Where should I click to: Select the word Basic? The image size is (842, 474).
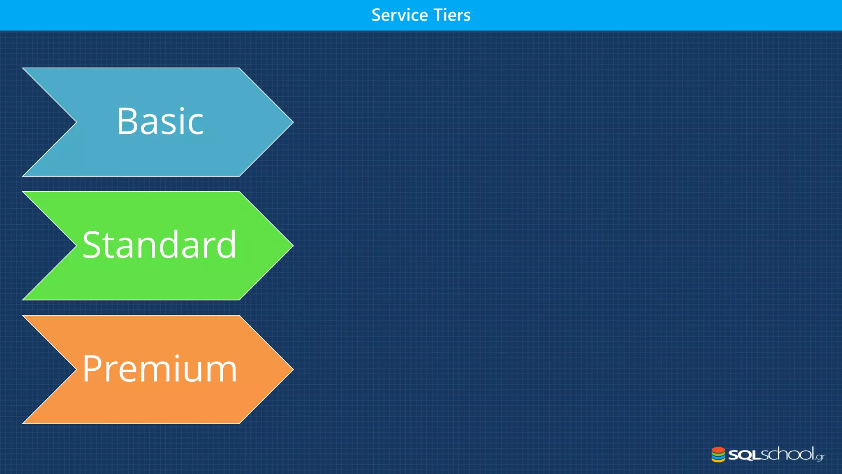click(160, 121)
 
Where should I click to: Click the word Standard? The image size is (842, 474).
click(160, 245)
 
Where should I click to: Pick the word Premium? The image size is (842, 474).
click(160, 369)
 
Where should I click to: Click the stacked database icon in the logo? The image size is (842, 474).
click(718, 455)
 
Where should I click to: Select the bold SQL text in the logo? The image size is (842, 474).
click(744, 455)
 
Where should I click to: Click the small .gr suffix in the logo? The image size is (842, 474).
click(820, 457)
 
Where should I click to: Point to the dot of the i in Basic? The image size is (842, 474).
click(181, 109)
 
